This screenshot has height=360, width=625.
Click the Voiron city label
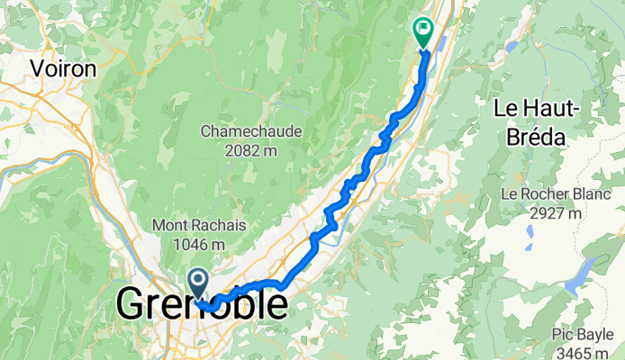63,67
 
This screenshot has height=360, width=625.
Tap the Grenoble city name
204,304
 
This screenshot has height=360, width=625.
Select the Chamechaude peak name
251,131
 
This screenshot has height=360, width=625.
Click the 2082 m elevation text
251,149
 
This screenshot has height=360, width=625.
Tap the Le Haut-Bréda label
540,123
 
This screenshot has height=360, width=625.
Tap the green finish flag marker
422,31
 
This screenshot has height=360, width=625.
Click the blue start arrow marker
198,283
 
